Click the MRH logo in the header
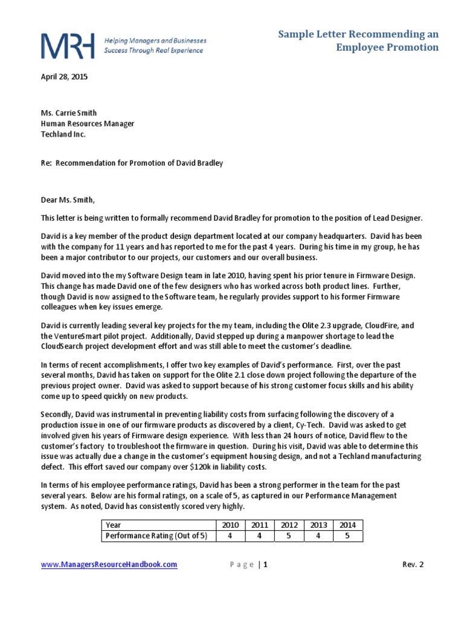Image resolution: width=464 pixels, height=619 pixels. (67, 45)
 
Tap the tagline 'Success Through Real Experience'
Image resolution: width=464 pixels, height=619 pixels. (153, 51)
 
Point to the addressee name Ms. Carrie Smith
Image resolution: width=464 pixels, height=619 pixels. (68, 112)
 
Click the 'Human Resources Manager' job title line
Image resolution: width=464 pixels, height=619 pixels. (88, 123)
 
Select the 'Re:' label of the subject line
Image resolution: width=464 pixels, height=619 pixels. (46, 163)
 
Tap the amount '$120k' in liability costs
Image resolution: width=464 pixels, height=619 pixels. (204, 467)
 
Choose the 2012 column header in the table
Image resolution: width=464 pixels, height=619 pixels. (289, 525)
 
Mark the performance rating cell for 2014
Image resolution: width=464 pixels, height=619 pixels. (347, 536)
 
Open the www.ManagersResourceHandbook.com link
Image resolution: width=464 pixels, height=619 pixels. (109, 565)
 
